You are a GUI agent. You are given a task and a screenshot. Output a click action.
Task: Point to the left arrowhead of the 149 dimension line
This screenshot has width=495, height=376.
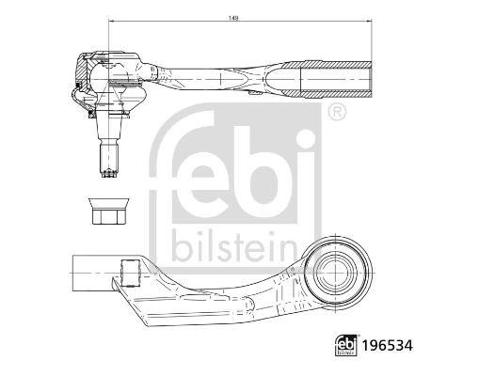[112, 22]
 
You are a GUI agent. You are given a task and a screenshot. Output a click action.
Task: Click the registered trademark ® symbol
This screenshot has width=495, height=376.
[335, 113]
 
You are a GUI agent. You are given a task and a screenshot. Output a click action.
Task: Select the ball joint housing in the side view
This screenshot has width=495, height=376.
[108, 73]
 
